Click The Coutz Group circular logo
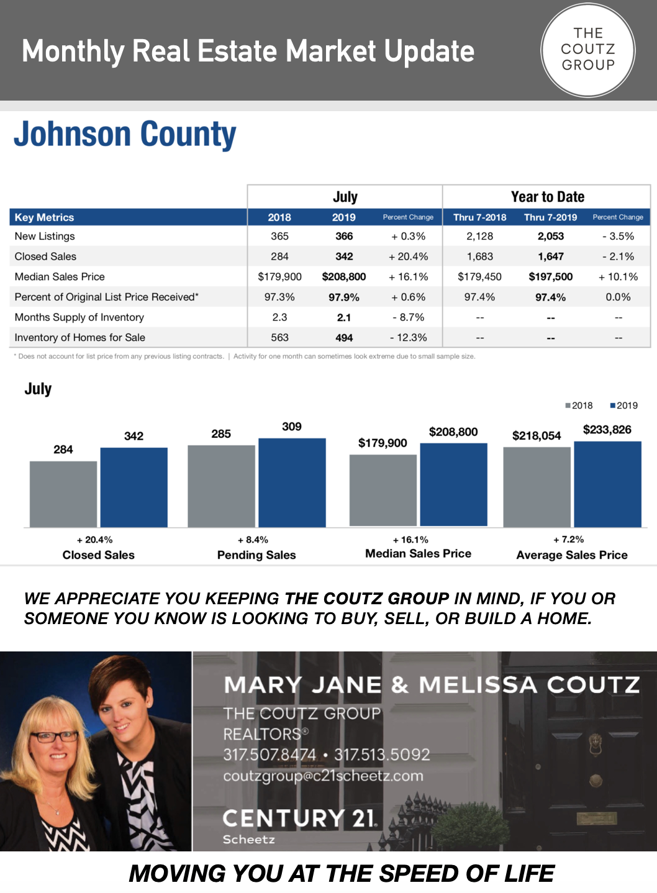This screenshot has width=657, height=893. point(588,50)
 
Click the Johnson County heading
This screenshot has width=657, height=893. point(125,134)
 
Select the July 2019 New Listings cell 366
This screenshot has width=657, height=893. point(343,236)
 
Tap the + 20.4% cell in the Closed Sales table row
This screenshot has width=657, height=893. point(408,256)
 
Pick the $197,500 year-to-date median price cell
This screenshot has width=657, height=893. point(551,277)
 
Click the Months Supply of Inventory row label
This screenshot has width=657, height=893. point(79,317)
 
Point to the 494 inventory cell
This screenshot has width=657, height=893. point(343,338)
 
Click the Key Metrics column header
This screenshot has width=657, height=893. point(44,217)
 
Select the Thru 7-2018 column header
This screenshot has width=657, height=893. point(479,217)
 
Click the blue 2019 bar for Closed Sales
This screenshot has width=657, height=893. point(134,487)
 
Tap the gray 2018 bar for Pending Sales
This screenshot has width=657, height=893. point(221,486)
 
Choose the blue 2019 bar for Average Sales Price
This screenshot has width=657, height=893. point(607,484)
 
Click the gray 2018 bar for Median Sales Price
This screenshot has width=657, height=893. point(383,491)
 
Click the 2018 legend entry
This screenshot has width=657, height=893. point(579,406)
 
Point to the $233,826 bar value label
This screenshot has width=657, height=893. point(607,429)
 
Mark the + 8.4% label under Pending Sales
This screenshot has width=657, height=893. point(253,540)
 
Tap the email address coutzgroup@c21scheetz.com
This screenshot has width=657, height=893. point(324,776)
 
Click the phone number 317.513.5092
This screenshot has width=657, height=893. point(382,755)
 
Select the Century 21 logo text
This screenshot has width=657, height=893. point(299,818)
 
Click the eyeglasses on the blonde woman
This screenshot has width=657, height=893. point(55,737)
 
